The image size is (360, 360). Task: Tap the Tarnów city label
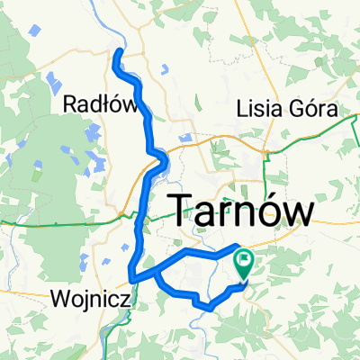[242, 212]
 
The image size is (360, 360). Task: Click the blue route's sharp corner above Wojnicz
[131, 273]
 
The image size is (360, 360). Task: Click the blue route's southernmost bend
[209, 307]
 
